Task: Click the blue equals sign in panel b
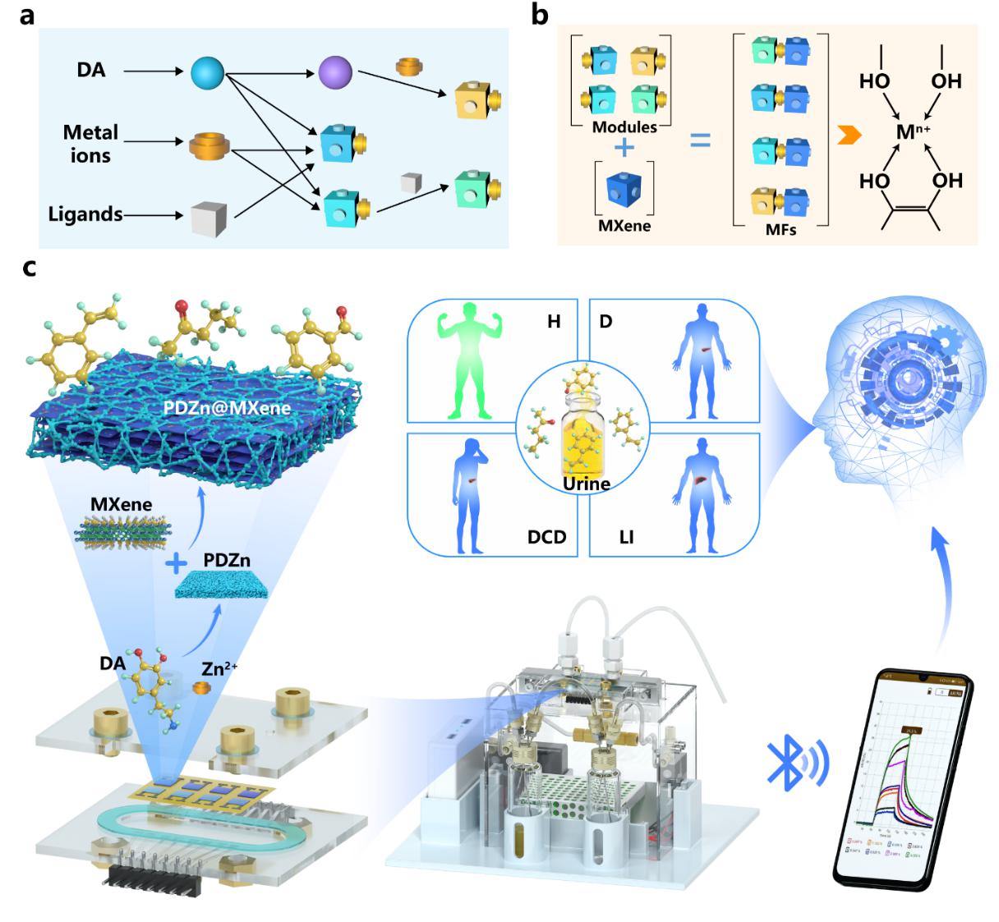coord(699,142)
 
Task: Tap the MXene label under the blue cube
coord(624,225)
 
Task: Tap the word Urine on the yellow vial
coord(586,484)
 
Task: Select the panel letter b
coord(540,14)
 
